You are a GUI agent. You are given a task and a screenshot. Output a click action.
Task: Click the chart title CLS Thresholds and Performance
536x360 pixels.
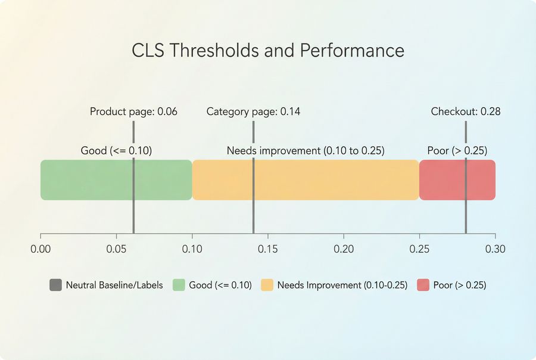pos(268,50)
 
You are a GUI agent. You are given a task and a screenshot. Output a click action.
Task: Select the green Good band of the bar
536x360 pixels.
pos(89,180)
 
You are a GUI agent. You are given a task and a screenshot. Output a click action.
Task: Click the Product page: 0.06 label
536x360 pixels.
pos(133,111)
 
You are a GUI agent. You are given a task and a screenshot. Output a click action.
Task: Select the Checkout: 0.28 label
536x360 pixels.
pos(466,111)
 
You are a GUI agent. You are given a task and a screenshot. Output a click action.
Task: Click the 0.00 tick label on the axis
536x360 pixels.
pos(40,249)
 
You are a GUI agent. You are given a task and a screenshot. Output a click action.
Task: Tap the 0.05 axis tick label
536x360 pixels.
pos(116,249)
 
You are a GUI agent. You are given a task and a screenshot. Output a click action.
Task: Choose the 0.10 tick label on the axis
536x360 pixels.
pos(192,249)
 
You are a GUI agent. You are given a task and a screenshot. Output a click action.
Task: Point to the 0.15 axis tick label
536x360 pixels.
pos(268,249)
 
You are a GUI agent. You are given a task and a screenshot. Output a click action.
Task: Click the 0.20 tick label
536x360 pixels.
pos(344,249)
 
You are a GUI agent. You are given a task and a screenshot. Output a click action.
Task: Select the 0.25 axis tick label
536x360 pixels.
pos(419,249)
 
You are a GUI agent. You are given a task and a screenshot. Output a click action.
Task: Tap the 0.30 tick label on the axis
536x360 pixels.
pos(495,249)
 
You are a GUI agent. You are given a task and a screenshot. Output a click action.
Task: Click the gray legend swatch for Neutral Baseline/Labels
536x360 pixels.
pos(55,285)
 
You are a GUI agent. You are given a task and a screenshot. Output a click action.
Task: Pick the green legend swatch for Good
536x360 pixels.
pos(178,285)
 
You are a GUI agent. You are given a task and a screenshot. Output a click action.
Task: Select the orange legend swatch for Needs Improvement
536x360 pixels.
pos(267,285)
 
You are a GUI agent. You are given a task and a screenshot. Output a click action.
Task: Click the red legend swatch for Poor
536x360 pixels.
pos(423,285)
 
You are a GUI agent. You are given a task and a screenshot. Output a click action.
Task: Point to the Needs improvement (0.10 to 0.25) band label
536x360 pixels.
pos(306,151)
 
